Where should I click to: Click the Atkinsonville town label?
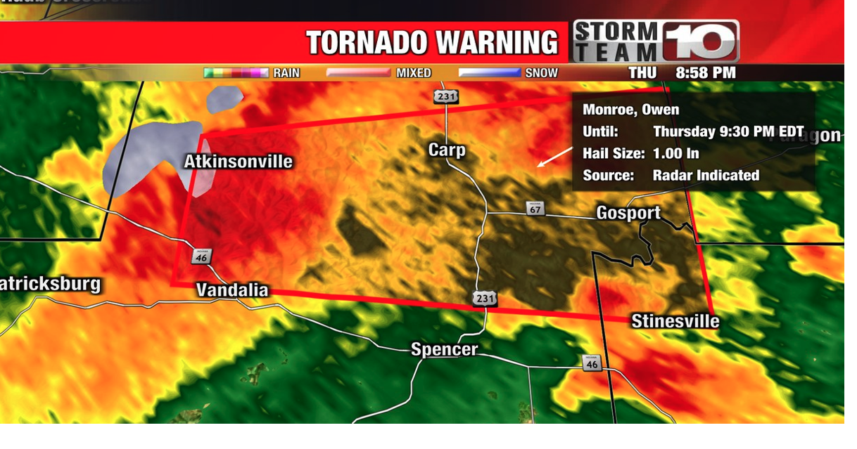coord(238,162)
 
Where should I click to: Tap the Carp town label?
coord(447,150)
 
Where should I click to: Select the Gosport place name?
coord(628,213)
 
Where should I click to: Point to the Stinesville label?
coord(675,321)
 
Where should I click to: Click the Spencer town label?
coord(444,349)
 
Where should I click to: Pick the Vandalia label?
coord(231,289)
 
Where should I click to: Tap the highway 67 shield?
coord(534,209)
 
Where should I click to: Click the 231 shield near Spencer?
coord(484,299)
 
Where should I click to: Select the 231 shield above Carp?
coord(445,96)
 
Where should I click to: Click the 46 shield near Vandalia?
coord(201,256)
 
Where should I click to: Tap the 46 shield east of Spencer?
coord(592,363)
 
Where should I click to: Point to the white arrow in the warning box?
coord(554,157)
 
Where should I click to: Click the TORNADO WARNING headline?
coord(432,43)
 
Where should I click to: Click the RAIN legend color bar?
coord(236,72)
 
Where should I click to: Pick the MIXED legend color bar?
coord(358,72)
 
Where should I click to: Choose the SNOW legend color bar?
coord(490,72)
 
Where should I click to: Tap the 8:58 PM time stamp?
coord(705,72)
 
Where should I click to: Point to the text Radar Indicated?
coord(706,175)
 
